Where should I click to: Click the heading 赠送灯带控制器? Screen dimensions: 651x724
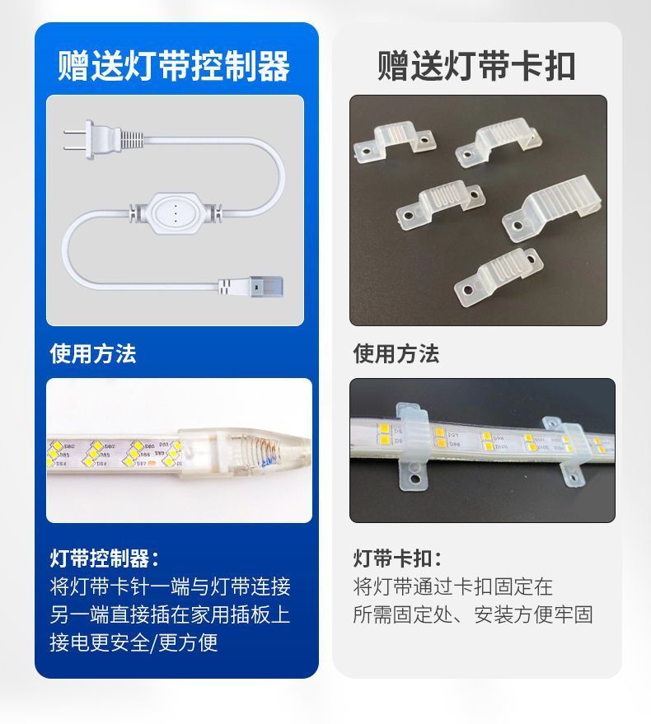coord(174,66)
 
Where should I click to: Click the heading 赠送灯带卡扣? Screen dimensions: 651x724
coord(476,66)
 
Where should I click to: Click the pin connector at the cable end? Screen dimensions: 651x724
coord(251,287)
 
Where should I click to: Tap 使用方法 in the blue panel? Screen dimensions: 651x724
coord(93,353)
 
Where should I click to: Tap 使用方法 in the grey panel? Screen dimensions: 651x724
coord(396,353)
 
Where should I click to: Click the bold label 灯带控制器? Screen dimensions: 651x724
coord(105,558)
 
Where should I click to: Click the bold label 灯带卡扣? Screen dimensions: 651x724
coord(397,558)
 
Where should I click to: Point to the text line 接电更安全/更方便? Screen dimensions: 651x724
coord(133,642)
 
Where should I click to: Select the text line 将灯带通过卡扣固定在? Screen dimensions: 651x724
coord(452,586)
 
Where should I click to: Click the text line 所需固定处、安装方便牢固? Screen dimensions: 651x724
coord(473,614)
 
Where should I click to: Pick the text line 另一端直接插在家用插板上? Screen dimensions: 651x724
coord(170,614)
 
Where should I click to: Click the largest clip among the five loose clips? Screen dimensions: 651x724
coord(551,208)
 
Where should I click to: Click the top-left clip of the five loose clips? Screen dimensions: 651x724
coord(395,142)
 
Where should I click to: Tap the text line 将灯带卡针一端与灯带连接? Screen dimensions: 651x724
coord(170,586)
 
